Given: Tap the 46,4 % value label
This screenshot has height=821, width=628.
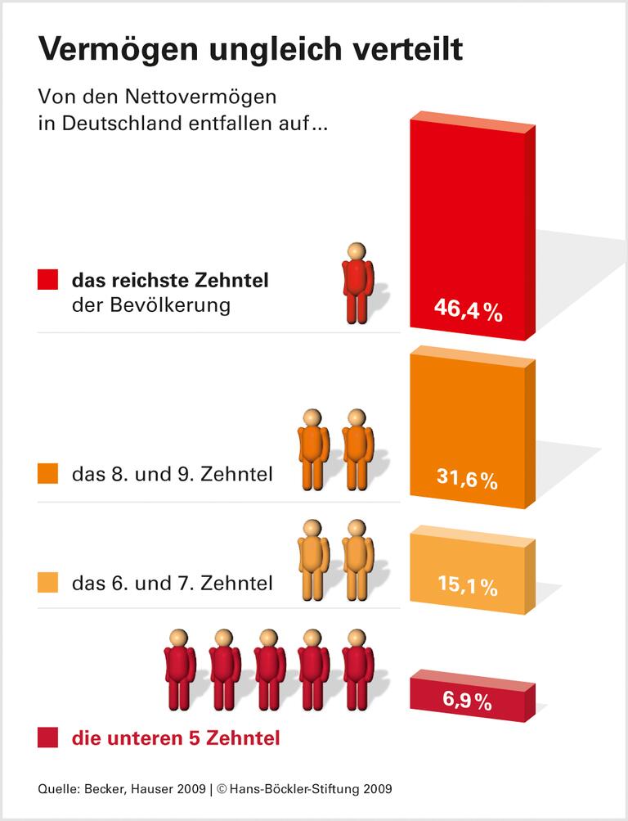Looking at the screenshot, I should click(x=467, y=311).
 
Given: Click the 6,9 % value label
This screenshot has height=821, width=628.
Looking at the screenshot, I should click(x=467, y=701).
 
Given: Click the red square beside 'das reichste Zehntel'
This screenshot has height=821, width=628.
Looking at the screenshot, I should click(x=48, y=281).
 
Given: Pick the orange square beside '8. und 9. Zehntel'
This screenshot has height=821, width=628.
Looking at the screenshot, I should click(x=48, y=474).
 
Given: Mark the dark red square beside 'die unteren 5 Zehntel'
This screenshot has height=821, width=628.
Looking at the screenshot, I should click(x=48, y=738).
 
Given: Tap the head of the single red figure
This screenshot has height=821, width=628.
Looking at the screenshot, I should click(x=356, y=251).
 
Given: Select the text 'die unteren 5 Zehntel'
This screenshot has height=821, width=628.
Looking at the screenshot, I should click(x=176, y=738).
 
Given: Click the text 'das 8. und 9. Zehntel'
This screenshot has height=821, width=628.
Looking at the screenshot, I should click(x=172, y=474).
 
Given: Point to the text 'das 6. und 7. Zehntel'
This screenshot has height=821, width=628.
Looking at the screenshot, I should click(x=172, y=583).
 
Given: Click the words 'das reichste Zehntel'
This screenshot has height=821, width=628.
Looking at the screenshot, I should click(x=170, y=281).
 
